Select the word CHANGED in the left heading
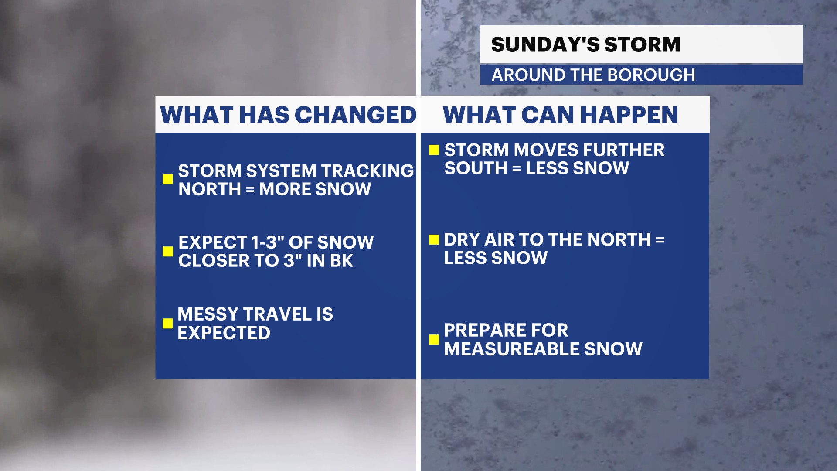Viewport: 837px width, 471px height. point(356,115)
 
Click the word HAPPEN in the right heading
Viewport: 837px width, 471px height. point(629,115)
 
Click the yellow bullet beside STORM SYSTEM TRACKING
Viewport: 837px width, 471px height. point(167,179)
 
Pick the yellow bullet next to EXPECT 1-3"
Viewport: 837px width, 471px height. point(167,251)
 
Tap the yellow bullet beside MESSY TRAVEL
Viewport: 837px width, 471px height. point(167,323)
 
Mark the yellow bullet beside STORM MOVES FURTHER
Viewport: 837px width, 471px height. point(434,150)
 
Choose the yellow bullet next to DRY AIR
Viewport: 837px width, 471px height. point(434,239)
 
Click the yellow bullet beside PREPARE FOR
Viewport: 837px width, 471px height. point(434,339)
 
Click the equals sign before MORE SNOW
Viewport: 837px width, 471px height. point(250,190)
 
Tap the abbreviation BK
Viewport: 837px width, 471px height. point(341,261)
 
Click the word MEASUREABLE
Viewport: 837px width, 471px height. point(512,349)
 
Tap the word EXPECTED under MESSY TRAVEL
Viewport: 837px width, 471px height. point(224,333)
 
